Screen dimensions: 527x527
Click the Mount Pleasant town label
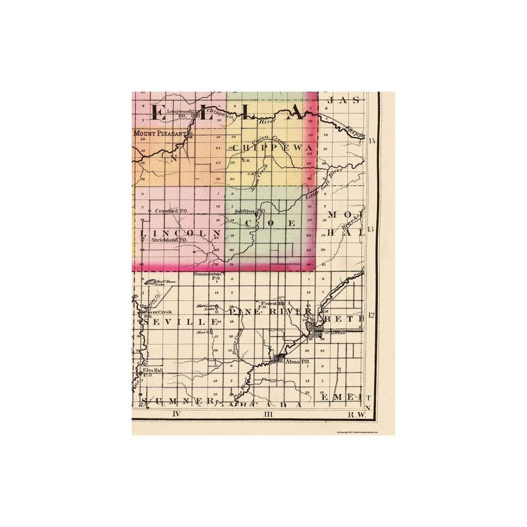160,133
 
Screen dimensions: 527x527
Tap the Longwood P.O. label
179,113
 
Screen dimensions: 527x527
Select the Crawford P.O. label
171,211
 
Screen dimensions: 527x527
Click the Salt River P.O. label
250,211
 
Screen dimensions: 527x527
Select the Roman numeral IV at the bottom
178,414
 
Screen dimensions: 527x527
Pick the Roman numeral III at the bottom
268,414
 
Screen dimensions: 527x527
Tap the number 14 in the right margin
372,141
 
